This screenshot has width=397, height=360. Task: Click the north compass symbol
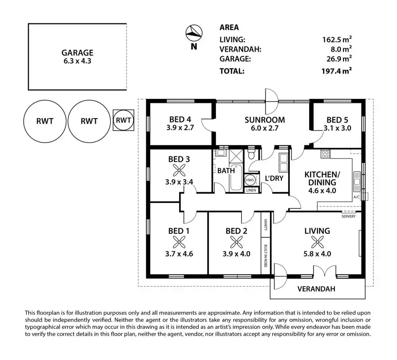coord(193,33)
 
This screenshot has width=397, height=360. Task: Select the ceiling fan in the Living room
coord(317,242)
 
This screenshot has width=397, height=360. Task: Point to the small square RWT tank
coord(123,120)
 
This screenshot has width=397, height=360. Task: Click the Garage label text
coord(77,53)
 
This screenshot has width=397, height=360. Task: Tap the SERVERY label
coord(348,216)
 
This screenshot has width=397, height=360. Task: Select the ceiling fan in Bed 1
coord(178,242)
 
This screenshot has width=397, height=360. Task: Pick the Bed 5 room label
coord(337,120)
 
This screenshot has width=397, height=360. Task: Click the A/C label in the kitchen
coord(356,197)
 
